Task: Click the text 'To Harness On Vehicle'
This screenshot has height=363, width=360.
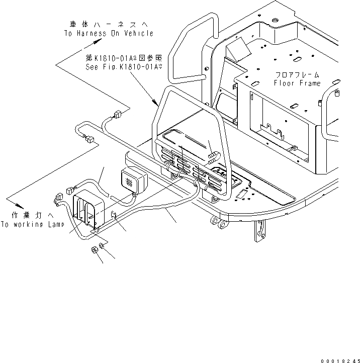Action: point(108,33)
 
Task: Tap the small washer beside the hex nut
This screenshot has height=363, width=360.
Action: point(102,246)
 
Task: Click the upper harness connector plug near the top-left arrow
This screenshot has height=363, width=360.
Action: point(118,114)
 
